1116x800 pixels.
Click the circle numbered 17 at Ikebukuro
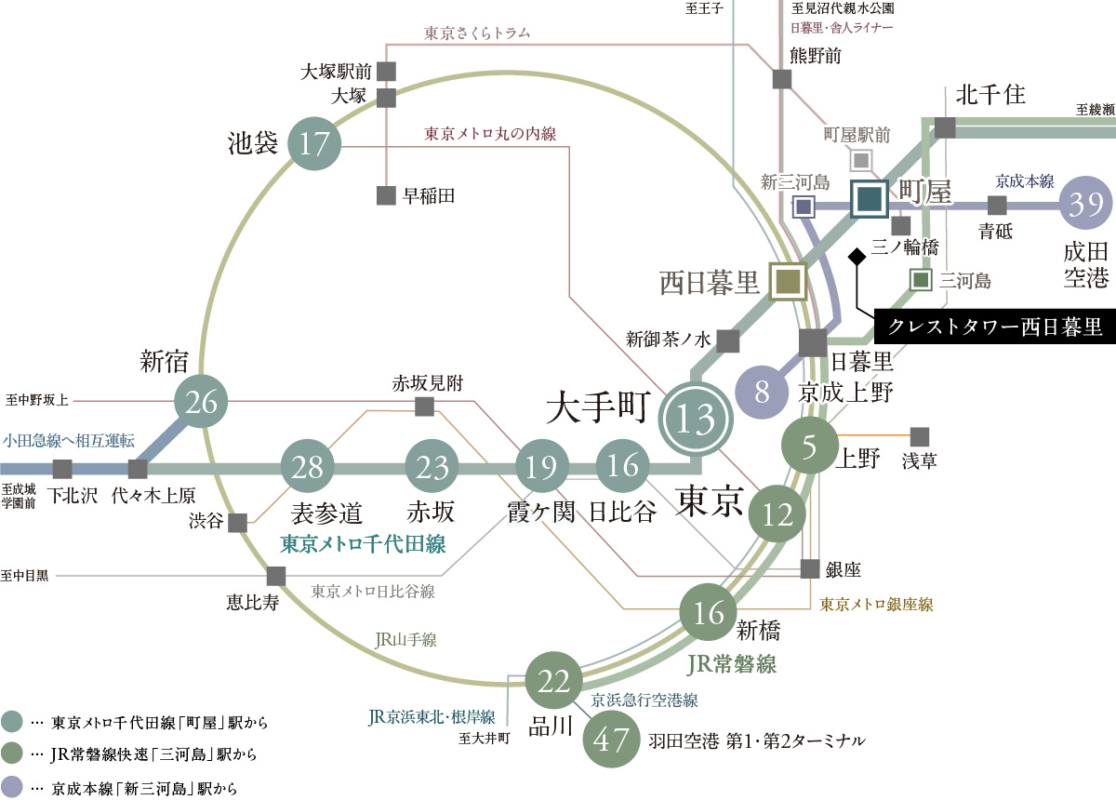315,144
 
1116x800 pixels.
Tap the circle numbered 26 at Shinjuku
202,402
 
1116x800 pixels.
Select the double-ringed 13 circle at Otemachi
697,420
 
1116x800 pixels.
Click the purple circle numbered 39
1085,204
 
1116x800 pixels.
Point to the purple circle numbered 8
763,390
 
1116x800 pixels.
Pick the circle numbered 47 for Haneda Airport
610,741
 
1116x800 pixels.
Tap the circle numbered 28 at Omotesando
308,466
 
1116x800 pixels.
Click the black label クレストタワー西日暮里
994,327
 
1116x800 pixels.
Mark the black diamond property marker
857,255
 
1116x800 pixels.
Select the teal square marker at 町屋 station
870,197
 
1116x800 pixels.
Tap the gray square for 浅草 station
920,436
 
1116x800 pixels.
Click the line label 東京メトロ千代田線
364,544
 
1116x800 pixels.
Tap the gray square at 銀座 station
811,568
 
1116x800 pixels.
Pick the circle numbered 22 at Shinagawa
554,682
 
